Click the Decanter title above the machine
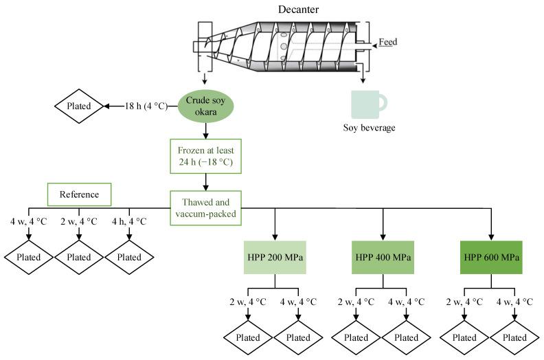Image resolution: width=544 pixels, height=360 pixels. [x=298, y=10]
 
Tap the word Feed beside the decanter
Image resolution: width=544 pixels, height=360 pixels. [x=388, y=42]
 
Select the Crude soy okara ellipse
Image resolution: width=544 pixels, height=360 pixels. [x=206, y=106]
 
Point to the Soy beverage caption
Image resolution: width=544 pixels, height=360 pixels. [x=369, y=128]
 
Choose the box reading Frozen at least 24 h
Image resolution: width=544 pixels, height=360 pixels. [x=206, y=156]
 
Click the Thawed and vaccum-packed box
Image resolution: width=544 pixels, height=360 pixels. [x=206, y=208]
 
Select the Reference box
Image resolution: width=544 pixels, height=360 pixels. [x=79, y=194]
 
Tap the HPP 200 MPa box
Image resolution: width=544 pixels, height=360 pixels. [x=275, y=257]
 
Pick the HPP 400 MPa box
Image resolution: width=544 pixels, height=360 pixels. [x=383, y=257]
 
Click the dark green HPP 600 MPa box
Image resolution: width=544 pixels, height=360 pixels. [x=491, y=257]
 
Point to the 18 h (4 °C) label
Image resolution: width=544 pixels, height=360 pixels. [x=146, y=106]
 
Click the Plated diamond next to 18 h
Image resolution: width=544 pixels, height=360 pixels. [x=79, y=106]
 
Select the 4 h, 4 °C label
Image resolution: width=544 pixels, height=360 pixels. [x=129, y=221]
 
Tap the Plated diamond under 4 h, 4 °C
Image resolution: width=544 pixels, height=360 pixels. [x=129, y=257]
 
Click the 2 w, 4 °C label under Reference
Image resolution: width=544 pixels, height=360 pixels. [x=79, y=221]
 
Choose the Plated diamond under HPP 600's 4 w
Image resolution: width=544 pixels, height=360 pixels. [x=514, y=337]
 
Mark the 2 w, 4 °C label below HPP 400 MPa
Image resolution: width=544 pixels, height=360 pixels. [x=356, y=302]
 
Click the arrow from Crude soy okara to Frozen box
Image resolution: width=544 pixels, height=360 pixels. [x=206, y=130]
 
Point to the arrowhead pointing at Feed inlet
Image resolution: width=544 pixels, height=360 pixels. [x=374, y=45]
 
